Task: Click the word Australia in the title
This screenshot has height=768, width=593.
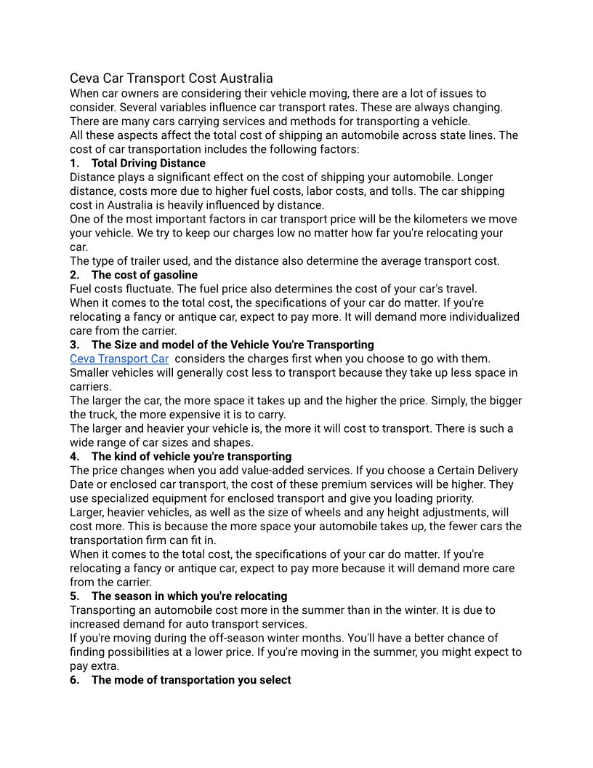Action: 246,78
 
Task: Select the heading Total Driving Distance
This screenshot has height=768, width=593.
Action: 148,163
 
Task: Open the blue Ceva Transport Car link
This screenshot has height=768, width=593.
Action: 119,359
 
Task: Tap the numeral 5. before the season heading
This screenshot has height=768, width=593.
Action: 74,596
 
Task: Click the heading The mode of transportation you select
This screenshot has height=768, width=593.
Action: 191,680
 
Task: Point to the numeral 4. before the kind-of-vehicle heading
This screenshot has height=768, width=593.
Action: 74,457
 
